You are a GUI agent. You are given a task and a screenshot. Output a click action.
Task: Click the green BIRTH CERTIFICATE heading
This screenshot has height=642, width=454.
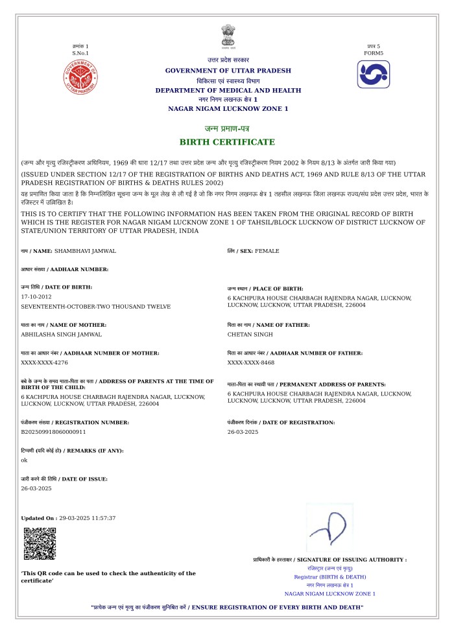[x=227, y=142]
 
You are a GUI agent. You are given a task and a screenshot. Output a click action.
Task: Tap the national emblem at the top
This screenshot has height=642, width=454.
[x=228, y=38]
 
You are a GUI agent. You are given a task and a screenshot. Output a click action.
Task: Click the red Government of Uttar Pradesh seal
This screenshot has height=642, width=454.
[x=80, y=78]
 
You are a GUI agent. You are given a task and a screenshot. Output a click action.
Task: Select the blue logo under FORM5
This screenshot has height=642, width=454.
[x=374, y=75]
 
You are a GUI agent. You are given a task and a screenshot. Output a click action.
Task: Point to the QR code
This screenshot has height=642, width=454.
[x=40, y=543]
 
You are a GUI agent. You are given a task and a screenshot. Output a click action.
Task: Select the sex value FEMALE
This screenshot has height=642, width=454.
[x=267, y=250]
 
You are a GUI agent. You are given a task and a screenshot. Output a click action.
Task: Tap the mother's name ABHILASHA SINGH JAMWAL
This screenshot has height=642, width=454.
[x=62, y=334]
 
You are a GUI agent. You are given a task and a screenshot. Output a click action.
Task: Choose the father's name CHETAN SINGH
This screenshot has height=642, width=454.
[x=250, y=334]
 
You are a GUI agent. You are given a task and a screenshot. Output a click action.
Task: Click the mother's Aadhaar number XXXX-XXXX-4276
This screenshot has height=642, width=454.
[x=45, y=363]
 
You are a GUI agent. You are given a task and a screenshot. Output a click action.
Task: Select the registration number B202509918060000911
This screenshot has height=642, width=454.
[x=54, y=431]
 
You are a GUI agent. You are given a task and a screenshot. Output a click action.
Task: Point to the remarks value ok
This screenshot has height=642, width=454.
[x=24, y=460]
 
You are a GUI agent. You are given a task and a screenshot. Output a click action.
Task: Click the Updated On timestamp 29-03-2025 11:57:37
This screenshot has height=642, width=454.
[x=87, y=518]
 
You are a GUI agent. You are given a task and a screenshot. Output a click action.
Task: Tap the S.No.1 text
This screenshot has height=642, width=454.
[x=80, y=53]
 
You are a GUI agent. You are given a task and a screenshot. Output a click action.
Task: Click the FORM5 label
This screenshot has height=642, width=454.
[x=374, y=53]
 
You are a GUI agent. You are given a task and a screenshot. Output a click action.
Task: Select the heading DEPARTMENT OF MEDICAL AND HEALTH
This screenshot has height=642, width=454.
[x=228, y=90]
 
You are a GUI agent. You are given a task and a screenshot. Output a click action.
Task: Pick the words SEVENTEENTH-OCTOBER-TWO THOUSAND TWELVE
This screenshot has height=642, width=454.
[x=96, y=305]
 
